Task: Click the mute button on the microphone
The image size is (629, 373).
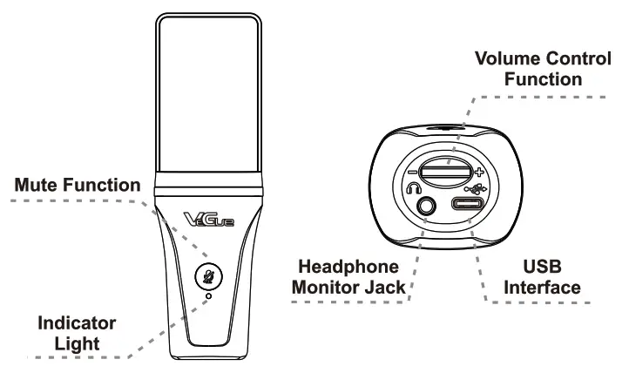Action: click(208, 277)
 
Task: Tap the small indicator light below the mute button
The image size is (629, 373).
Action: click(209, 296)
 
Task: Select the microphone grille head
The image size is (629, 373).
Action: click(207, 96)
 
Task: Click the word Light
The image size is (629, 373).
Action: click(75, 343)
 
